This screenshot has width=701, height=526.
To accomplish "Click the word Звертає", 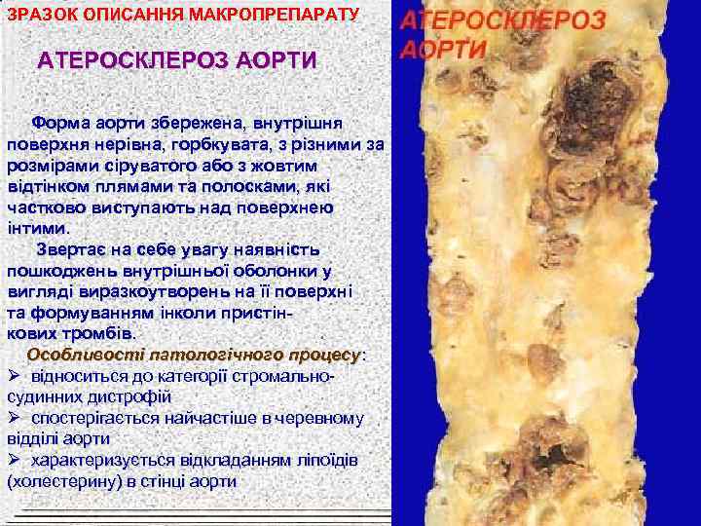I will (69, 250).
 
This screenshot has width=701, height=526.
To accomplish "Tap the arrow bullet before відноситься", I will (15, 376).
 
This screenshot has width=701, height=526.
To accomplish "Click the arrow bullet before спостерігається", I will (15, 418).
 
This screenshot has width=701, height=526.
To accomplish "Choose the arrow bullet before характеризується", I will (15, 460).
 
